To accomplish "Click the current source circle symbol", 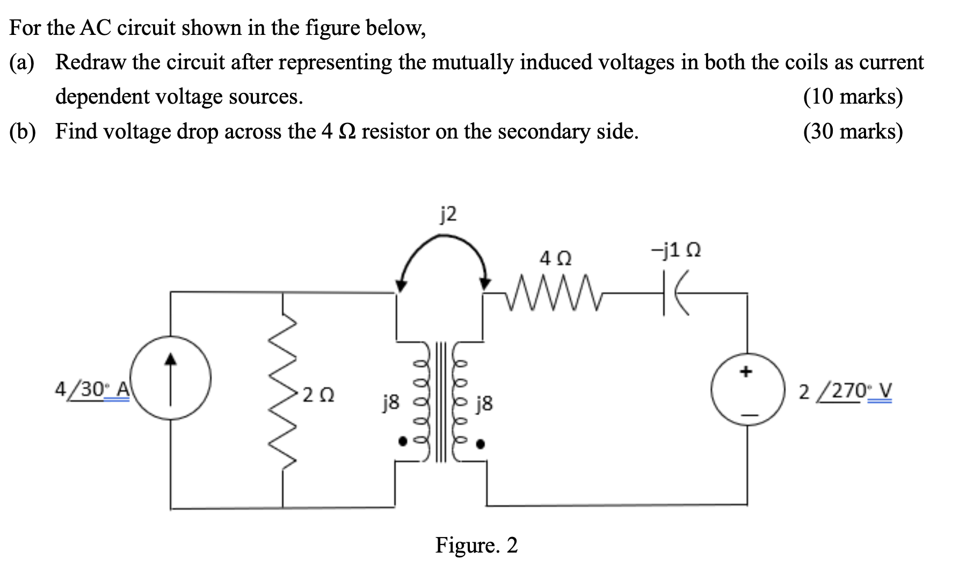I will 171,378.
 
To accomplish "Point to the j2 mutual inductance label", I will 448,214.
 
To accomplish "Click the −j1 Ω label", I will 675,250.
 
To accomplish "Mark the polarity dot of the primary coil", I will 402,441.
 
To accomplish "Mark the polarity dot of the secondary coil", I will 481,444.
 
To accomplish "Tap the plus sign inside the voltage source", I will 746,371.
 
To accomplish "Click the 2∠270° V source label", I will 845,391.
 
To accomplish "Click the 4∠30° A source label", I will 92,389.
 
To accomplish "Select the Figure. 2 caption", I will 476,545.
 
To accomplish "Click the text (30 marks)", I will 853,131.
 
